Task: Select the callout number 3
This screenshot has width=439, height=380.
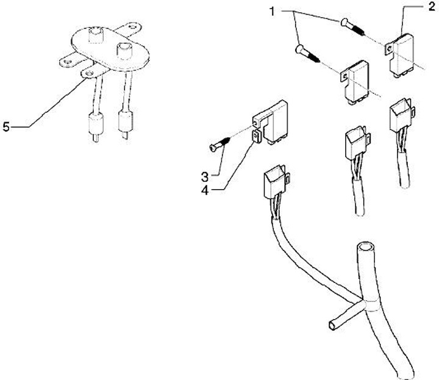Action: tap(205, 177)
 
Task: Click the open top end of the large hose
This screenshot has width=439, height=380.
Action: tap(365, 248)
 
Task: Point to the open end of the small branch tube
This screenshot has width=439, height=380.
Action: tap(332, 326)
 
